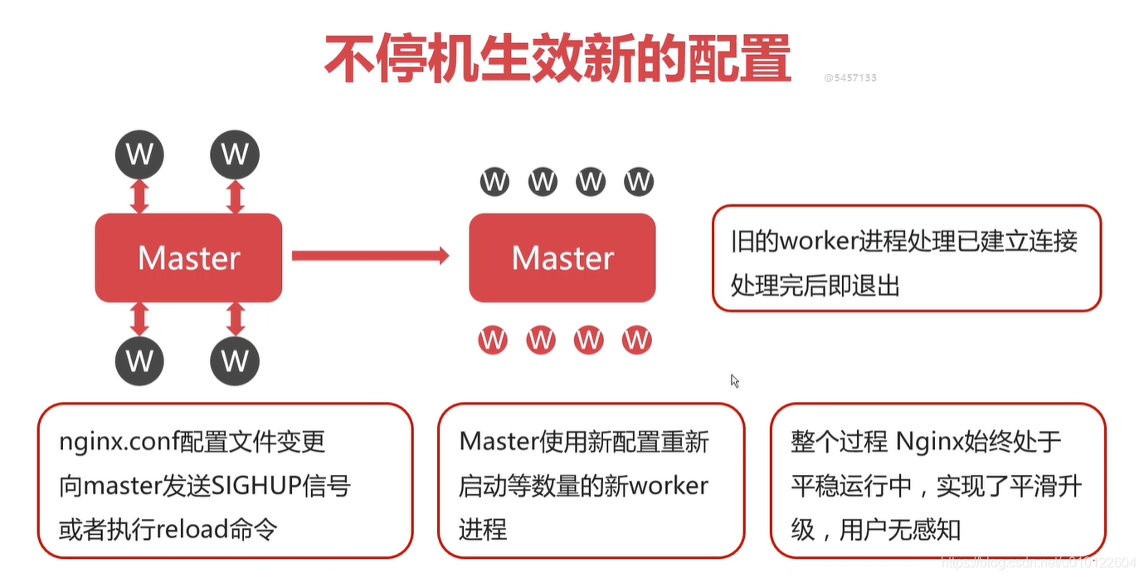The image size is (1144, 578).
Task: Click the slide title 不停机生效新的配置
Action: point(557,59)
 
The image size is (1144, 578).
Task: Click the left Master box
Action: point(188,257)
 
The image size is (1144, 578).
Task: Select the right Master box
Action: point(562,257)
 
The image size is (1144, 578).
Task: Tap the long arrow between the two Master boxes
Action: point(370,256)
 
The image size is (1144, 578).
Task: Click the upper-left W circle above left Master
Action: point(139,154)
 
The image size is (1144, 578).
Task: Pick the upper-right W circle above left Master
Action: point(235,154)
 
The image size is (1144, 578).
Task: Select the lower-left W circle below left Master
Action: point(139,360)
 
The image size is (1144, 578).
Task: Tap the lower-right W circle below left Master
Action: point(235,360)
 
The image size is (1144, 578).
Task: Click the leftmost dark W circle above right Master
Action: point(494,181)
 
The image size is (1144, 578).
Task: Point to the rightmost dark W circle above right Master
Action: point(639,181)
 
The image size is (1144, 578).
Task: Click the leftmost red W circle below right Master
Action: point(492,339)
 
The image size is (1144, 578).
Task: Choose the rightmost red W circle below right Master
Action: point(636,339)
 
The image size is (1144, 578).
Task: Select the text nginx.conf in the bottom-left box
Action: point(113,442)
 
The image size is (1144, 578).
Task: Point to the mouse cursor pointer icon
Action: point(734,380)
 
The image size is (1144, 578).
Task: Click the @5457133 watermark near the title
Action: point(849,78)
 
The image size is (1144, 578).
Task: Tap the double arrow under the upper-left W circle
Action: point(139,197)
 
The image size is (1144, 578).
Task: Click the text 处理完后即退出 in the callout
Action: point(815,286)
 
